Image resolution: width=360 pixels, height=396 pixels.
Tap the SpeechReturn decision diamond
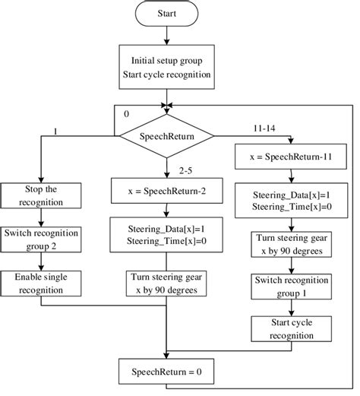(166, 137)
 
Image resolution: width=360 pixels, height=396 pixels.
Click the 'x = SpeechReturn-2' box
(166, 192)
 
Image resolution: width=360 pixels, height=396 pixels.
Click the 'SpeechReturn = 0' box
(166, 372)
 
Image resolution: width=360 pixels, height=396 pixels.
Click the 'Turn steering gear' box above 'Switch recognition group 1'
(292, 244)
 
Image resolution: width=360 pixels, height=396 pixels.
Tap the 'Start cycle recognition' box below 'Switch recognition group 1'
(292, 331)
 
